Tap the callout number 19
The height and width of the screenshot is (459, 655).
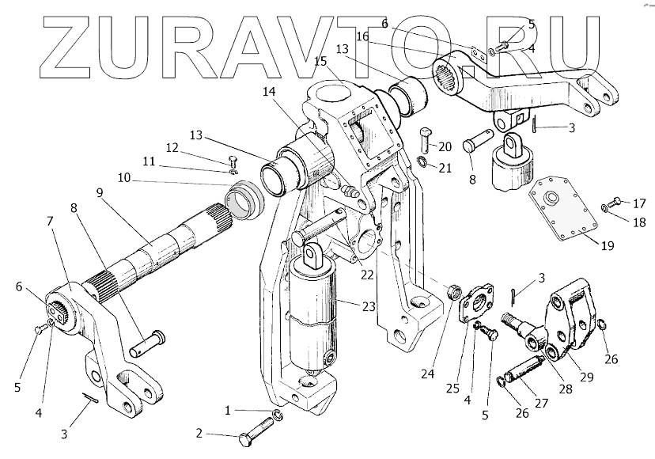[606, 245]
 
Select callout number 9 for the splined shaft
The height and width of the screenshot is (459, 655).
[100, 192]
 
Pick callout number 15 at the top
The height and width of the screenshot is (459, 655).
[320, 61]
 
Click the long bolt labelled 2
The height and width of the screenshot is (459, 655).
[252, 432]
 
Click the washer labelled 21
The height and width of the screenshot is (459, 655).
[423, 163]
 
